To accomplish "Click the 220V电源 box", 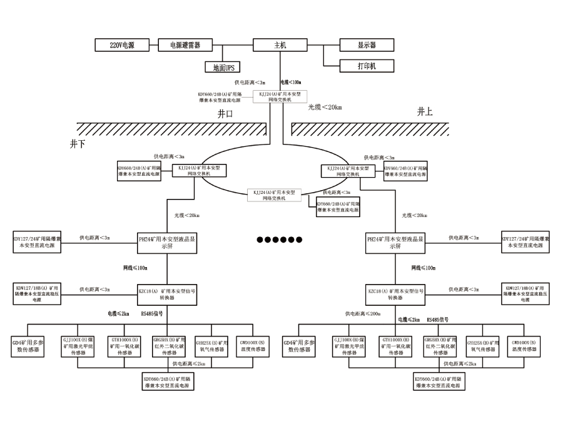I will [122, 45].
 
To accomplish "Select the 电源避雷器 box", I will [180, 45].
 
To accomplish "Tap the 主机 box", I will [280, 45].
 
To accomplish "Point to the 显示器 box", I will [367, 45].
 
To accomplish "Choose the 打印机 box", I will [367, 66].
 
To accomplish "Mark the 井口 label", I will [225, 114].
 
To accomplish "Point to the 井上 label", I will [425, 111].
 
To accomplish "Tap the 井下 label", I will [78, 143].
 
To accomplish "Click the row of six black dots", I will [280, 240].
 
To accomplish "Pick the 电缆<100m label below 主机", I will [290, 82].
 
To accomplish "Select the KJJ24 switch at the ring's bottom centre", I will [275, 194].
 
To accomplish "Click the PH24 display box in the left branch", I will [167, 241].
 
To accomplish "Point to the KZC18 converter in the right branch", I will [395, 294].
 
